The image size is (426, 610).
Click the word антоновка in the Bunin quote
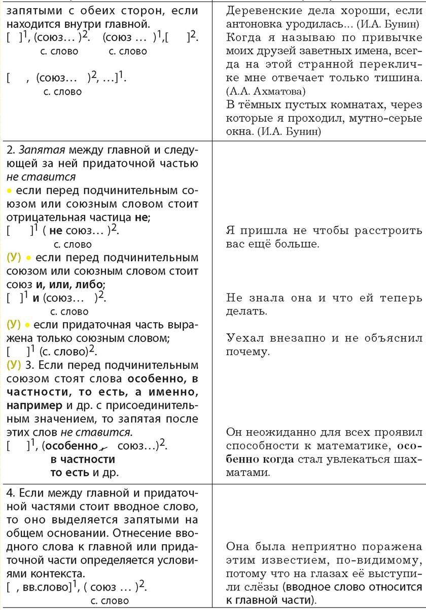click(x=257, y=23)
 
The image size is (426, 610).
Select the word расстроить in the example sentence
click(x=376, y=230)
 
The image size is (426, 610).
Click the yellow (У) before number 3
click(x=14, y=365)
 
